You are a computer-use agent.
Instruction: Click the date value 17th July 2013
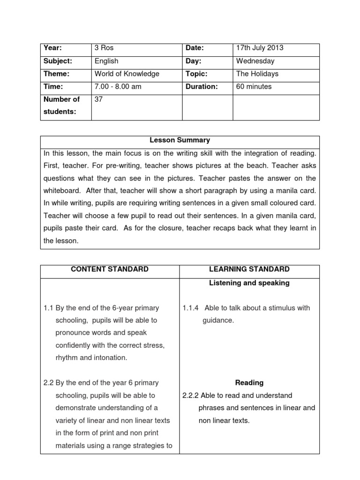(260, 48)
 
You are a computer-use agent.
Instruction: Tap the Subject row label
(58, 61)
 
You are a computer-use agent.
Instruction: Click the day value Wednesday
(255, 61)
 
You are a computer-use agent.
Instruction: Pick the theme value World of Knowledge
(127, 74)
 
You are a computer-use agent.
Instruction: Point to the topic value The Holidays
(257, 74)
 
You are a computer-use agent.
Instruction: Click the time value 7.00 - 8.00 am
(118, 86)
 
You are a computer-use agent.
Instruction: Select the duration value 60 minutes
(254, 86)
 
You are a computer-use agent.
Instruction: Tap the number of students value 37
(99, 99)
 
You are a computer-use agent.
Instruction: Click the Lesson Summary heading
(180, 140)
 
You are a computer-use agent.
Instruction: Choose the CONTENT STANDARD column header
(110, 269)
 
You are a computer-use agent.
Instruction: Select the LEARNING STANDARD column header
(249, 269)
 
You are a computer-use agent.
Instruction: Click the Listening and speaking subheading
(249, 283)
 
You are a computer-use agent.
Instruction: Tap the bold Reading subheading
(249, 382)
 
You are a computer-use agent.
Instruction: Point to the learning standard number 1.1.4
(191, 308)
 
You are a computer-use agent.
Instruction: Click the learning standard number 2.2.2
(190, 395)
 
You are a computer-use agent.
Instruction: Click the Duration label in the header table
(202, 86)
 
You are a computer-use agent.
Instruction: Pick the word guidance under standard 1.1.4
(218, 321)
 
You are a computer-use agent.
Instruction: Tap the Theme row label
(56, 74)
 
